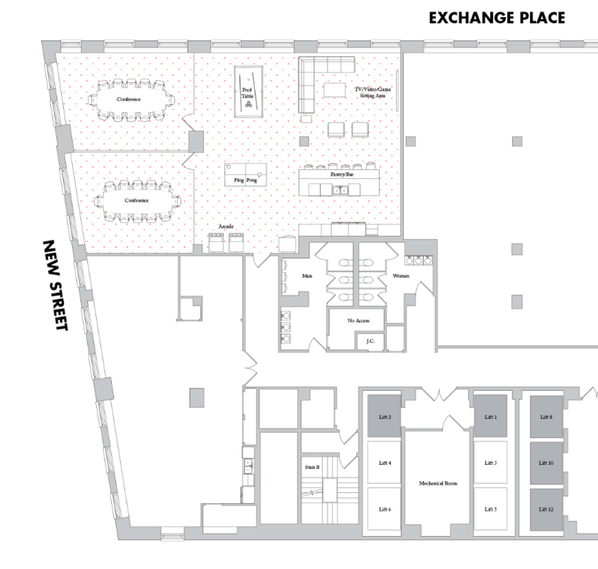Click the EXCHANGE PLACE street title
click(497, 18)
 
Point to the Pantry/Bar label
click(342, 174)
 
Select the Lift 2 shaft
click(384, 417)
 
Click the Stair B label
click(312, 467)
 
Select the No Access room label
click(358, 321)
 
